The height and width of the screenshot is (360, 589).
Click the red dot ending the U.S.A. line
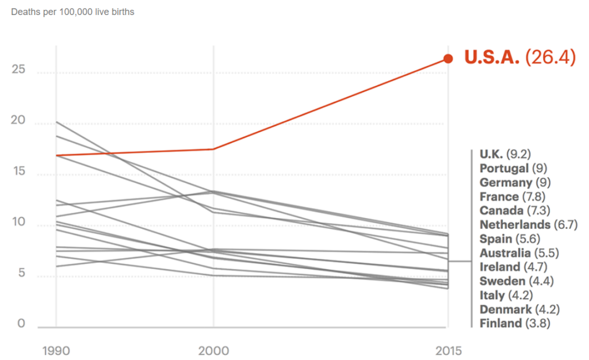tap(448, 59)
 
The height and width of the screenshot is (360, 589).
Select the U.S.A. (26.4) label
tap(520, 58)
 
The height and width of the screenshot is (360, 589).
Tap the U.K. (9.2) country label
tap(505, 154)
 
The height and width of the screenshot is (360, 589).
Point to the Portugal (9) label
tap(514, 168)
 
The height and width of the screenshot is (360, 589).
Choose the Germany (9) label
tap(515, 183)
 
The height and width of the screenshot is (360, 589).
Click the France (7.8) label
tap(512, 197)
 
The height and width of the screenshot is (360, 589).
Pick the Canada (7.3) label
tap(515, 210)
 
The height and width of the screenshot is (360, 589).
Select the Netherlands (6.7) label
tap(529, 225)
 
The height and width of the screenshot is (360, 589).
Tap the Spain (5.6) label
tap(510, 239)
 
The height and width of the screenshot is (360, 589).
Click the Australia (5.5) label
tap(519, 253)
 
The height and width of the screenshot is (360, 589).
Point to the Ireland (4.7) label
tap(514, 267)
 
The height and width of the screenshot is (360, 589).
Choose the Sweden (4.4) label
tap(517, 281)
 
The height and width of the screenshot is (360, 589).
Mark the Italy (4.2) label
tap(506, 296)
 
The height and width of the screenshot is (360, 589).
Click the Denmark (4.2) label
tap(519, 309)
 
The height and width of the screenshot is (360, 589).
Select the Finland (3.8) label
tap(515, 323)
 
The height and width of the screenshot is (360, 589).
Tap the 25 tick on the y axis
tap(18, 70)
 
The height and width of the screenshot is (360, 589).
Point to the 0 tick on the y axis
tap(21, 323)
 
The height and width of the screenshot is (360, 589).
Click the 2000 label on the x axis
tap(213, 351)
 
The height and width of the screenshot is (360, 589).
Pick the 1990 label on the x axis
tap(56, 351)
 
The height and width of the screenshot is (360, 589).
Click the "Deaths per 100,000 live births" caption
tap(72, 12)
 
